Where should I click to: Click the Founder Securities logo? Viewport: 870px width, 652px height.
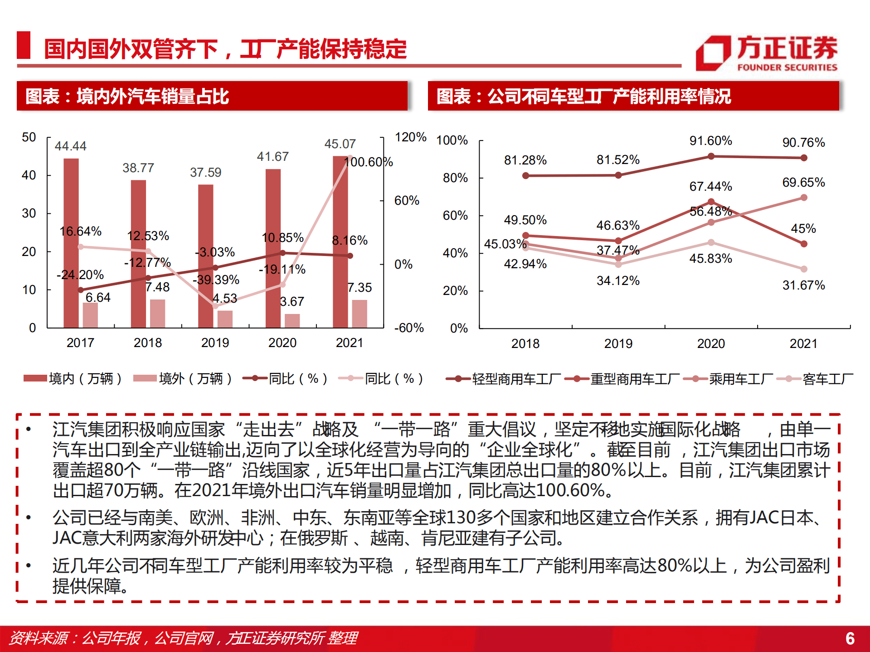[x=766, y=53]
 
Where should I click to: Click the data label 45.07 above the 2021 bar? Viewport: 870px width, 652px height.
[x=340, y=144]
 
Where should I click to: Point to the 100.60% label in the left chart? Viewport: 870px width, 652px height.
[x=368, y=162]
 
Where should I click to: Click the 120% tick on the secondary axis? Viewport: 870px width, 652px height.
[x=410, y=137]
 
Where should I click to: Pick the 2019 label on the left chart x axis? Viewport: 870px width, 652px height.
[x=215, y=343]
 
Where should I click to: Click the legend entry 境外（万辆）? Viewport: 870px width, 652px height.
[x=183, y=378]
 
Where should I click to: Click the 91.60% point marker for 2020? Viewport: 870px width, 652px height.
[x=711, y=156]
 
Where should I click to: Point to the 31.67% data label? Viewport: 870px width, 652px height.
[x=803, y=285]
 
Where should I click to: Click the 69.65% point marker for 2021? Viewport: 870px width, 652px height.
[x=804, y=198]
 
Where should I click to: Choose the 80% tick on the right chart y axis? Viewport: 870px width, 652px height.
[x=455, y=178]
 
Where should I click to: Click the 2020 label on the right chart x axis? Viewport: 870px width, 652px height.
[x=711, y=343]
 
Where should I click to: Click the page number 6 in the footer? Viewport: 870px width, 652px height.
[x=850, y=638]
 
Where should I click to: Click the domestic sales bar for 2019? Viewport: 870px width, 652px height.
[x=206, y=256]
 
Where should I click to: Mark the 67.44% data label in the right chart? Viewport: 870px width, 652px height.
[x=710, y=186]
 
